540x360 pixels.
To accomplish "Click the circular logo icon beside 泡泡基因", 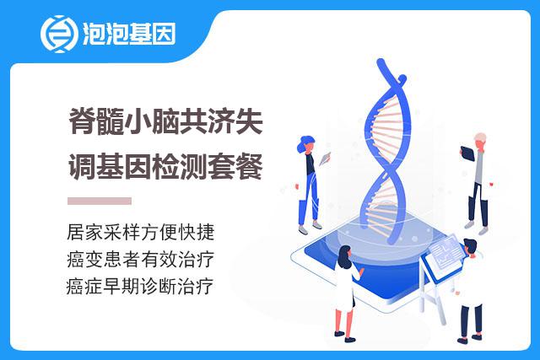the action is (59, 34).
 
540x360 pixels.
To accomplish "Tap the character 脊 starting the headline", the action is (82, 121).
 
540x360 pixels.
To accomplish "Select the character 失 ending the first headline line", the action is (250, 121).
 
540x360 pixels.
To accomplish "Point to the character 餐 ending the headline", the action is (250, 166).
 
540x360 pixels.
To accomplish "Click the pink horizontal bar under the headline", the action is (100, 201).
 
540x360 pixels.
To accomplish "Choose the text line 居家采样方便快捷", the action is (141, 233).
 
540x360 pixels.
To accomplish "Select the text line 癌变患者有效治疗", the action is (141, 260).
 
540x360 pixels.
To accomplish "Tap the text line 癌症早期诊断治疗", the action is (140, 287).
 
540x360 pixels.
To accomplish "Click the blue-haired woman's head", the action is (305, 144).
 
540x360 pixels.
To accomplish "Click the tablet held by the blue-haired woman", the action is (325, 159).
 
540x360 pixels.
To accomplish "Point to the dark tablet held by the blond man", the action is (467, 153).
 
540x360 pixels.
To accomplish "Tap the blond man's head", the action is (480, 140).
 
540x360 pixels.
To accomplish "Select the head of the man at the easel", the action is (471, 246).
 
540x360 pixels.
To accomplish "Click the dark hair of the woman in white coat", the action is (344, 256).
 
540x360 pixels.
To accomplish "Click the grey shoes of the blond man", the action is (477, 228).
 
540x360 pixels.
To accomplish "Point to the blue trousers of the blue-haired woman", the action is (308, 199).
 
